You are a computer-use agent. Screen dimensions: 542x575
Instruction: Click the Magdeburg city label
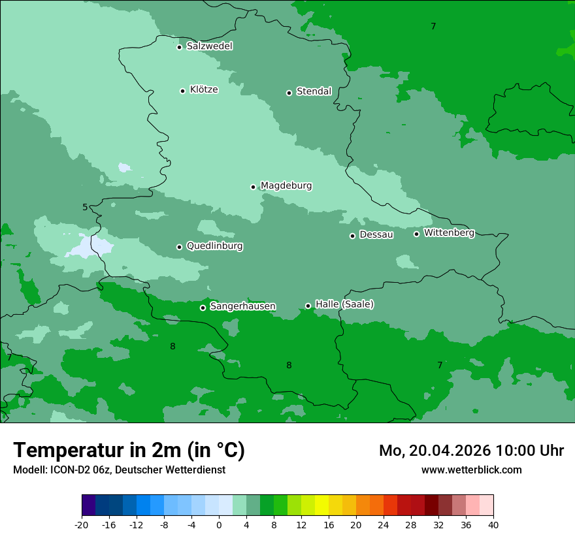(286, 186)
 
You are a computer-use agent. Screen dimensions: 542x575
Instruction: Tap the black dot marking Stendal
(289, 93)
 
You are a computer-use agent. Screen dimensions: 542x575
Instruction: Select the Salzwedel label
(209, 46)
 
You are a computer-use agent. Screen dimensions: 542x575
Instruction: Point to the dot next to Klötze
(182, 91)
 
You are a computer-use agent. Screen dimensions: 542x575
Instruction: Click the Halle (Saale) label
(344, 304)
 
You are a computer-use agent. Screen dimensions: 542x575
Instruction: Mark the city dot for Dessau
(352, 236)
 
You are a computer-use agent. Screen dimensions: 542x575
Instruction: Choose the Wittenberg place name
(448, 233)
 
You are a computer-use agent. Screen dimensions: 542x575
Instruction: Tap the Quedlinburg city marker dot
(179, 247)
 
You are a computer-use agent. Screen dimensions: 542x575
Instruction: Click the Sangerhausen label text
(242, 306)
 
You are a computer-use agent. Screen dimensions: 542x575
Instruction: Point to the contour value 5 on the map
(85, 208)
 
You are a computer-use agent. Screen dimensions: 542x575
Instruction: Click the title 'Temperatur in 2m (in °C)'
(129, 450)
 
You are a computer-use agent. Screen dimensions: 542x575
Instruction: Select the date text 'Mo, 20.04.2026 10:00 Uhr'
(471, 451)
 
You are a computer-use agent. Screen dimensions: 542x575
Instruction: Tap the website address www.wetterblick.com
(471, 470)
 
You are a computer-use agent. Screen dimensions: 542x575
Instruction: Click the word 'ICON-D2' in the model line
(68, 470)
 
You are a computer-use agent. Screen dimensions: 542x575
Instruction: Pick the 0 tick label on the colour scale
(219, 525)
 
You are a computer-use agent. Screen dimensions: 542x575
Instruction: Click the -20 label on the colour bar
(82, 525)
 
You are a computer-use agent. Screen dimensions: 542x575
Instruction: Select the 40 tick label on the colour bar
(493, 525)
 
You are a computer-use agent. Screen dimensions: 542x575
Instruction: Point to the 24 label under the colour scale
(384, 525)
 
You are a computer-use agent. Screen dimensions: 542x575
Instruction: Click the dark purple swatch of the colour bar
(88, 505)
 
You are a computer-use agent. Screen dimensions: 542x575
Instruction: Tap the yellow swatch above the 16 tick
(321, 505)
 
